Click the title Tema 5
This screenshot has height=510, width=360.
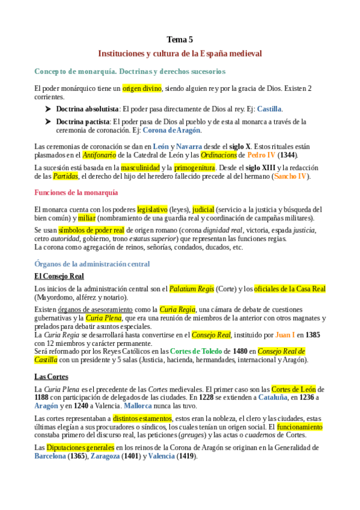(180, 40)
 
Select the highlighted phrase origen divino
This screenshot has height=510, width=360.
(142, 88)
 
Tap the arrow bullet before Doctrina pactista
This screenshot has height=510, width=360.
(47, 121)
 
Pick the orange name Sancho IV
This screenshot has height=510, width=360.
(291, 176)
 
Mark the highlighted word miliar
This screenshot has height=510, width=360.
(86, 218)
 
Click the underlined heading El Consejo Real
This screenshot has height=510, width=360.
(58, 276)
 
